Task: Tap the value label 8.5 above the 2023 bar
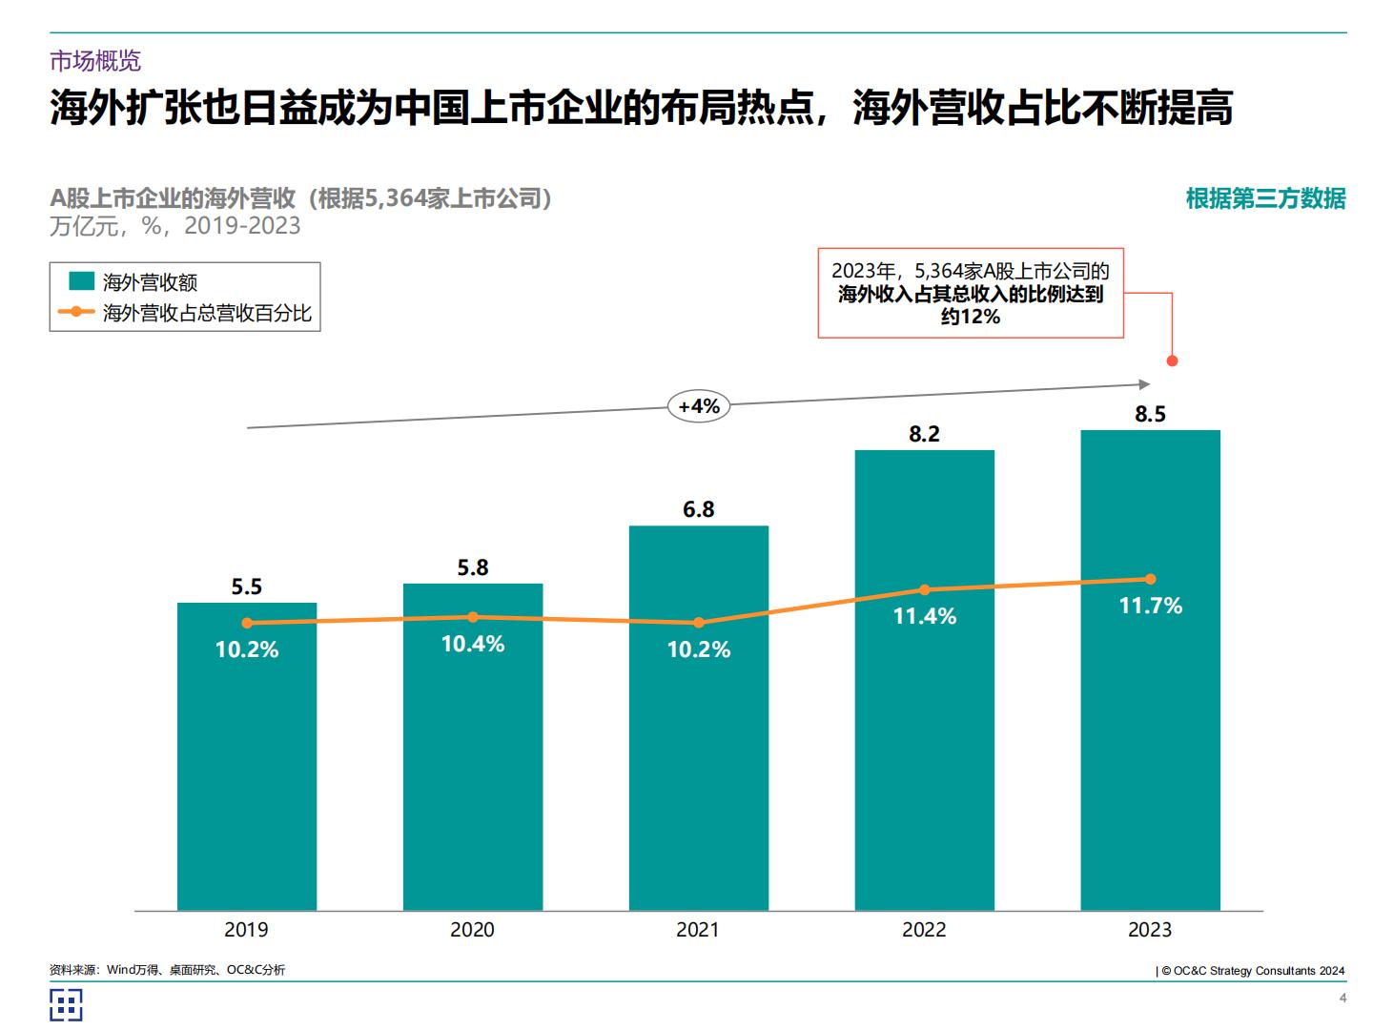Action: (x=1150, y=414)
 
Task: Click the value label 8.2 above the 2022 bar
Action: (x=924, y=434)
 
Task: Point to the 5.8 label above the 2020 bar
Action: (x=472, y=567)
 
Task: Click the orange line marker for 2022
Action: (x=924, y=589)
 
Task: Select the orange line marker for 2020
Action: (x=473, y=617)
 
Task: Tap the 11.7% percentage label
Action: (x=1150, y=606)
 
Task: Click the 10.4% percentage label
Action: (x=472, y=644)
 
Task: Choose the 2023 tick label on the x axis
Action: (x=1150, y=930)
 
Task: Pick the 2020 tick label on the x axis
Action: (x=472, y=930)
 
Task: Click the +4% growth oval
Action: (x=699, y=406)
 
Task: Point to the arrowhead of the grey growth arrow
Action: (x=1145, y=384)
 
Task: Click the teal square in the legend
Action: (x=81, y=281)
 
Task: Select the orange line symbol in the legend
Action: (x=76, y=312)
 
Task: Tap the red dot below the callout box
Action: (x=1172, y=360)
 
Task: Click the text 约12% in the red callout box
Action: (x=971, y=317)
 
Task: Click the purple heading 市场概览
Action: (x=95, y=61)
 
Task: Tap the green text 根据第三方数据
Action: (x=1265, y=198)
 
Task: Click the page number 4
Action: (x=1342, y=998)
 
